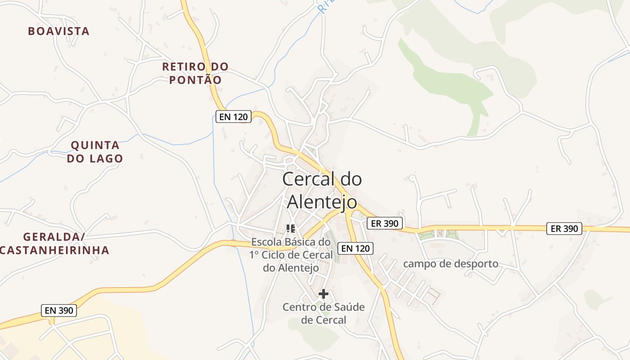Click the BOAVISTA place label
pos(58,31)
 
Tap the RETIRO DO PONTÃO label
pos(195,73)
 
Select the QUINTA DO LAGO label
pos(95,152)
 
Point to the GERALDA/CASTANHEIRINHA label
pos(54,243)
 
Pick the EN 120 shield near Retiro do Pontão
pos(233,117)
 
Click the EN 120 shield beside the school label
pos(355,248)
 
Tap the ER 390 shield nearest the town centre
pos(384,223)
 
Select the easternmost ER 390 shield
pos(564,229)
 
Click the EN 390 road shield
pos(59,310)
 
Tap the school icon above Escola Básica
pos(291,229)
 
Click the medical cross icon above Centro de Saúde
pos(323,294)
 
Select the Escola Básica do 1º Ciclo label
pos(291,255)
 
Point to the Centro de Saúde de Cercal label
pos(324,314)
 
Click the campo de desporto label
pos(450,264)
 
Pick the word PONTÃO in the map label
pos(195,80)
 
